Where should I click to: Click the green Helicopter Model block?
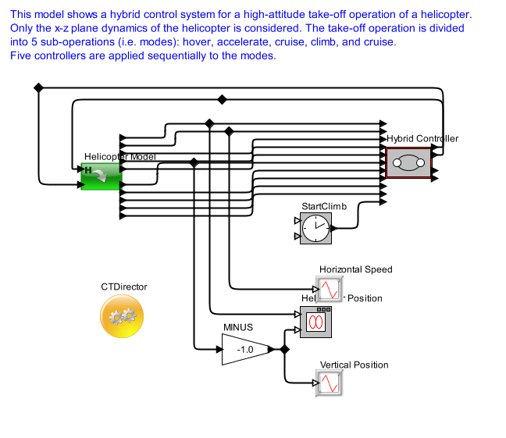100,176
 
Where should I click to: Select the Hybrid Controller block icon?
409,162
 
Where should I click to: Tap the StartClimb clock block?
315,228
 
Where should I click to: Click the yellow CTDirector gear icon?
123,315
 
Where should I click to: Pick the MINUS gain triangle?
244,349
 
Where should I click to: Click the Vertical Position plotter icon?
330,383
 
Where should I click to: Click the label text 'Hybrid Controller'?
422,138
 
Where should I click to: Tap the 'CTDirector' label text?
123,287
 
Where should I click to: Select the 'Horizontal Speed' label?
355,269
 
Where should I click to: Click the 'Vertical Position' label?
354,365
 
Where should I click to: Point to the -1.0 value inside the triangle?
245,350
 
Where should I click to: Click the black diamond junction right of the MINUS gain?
284,349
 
